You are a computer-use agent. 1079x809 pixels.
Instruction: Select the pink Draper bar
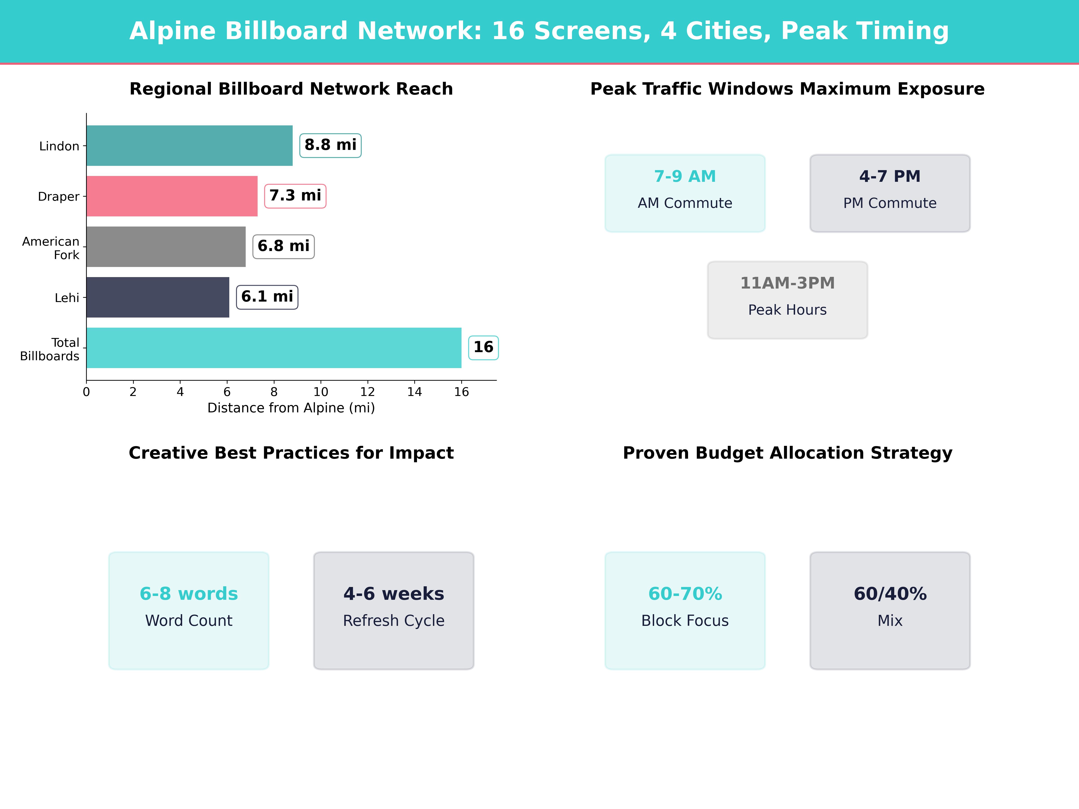click(172, 196)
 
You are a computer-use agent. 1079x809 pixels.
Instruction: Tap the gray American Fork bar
click(166, 247)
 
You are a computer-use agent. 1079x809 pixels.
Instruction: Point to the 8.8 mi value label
click(330, 145)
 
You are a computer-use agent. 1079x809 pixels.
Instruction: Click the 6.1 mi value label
click(267, 297)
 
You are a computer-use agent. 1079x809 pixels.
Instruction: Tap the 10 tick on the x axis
click(321, 392)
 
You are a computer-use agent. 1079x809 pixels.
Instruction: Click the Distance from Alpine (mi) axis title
click(291, 408)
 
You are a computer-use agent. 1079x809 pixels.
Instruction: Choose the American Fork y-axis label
click(51, 248)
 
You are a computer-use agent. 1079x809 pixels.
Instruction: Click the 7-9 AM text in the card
click(685, 177)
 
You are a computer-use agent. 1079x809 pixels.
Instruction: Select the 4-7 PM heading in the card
click(890, 177)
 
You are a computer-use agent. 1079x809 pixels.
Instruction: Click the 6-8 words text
click(189, 594)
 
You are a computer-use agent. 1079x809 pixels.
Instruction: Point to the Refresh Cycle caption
click(394, 621)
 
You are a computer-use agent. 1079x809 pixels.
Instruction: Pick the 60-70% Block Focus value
click(685, 594)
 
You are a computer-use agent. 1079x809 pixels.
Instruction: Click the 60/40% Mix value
click(890, 594)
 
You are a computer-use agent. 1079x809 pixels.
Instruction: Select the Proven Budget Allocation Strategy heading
click(787, 453)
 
